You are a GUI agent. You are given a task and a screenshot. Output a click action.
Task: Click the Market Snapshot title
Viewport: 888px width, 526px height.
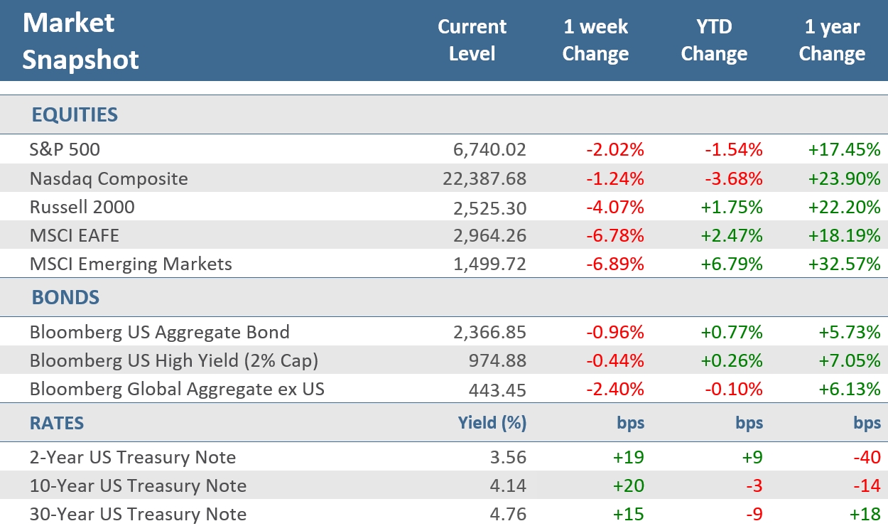coord(80,41)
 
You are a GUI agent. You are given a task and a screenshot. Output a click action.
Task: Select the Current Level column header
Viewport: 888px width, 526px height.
coord(472,41)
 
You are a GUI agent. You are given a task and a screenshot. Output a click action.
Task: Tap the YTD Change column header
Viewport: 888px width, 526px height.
coord(714,41)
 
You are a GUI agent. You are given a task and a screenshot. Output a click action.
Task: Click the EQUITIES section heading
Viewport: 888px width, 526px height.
coord(75,115)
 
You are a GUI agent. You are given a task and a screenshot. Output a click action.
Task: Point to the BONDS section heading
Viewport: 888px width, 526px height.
coord(65,297)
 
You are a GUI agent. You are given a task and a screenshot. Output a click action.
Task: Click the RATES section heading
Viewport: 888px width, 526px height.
coord(57,424)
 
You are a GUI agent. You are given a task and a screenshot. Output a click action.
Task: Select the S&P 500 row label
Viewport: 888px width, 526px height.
coord(65,150)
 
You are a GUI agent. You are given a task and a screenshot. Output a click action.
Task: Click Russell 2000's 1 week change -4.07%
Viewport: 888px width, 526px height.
coord(615,207)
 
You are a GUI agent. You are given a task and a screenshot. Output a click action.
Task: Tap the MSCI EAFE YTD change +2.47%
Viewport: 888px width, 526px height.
coord(732,235)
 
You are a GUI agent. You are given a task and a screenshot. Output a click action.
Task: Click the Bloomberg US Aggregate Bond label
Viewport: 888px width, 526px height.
coord(159,332)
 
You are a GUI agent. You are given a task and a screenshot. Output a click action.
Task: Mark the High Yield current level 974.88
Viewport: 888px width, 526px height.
coord(497,360)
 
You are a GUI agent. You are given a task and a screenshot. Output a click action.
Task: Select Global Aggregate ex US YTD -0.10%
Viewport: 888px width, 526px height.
coord(734,390)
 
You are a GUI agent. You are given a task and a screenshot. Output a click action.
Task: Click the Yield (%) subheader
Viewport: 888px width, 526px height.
coord(492,424)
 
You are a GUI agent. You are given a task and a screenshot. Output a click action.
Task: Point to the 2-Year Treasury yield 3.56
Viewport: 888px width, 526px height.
coord(510,457)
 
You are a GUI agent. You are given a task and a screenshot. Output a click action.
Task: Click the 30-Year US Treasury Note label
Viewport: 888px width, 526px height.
coord(138,514)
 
